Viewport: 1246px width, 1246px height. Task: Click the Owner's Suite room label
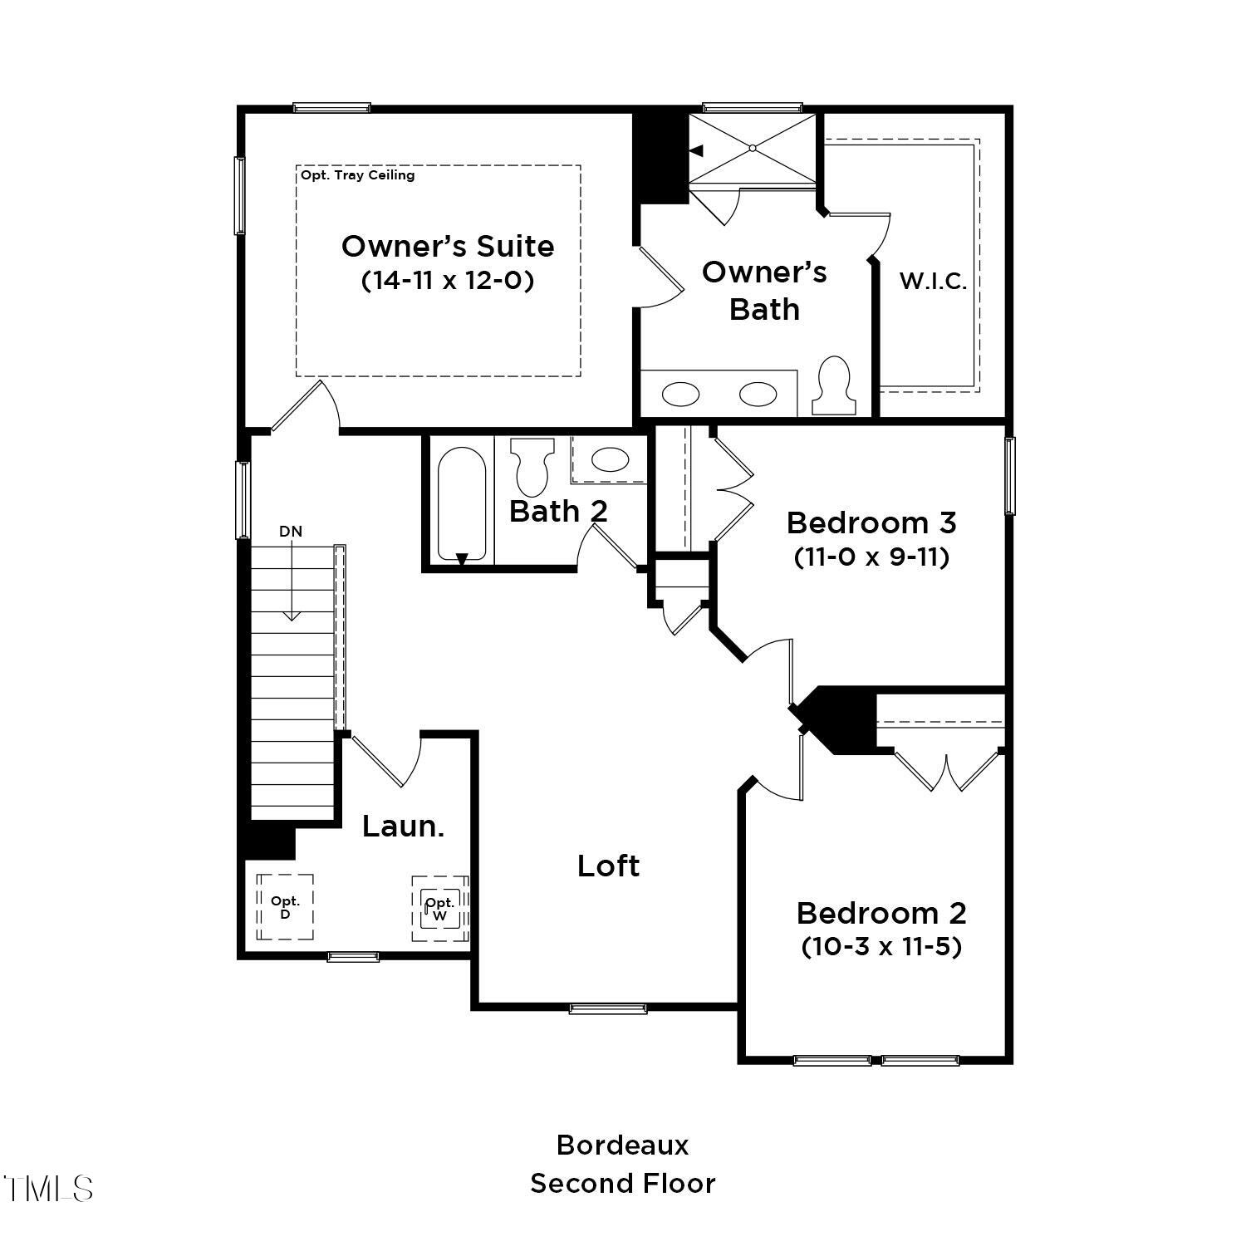pyautogui.click(x=448, y=246)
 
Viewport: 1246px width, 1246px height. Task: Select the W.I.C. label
pyautogui.click(x=933, y=281)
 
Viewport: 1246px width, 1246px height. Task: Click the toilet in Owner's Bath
pyautogui.click(x=833, y=385)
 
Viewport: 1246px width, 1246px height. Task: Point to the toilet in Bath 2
pyautogui.click(x=532, y=465)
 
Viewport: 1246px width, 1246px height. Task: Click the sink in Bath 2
pyautogui.click(x=610, y=459)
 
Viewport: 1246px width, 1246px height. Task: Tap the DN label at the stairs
pyautogui.click(x=291, y=532)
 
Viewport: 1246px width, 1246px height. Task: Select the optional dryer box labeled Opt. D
pyautogui.click(x=285, y=907)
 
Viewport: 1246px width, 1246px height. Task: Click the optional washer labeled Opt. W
pyautogui.click(x=440, y=909)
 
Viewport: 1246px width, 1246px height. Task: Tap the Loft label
pyautogui.click(x=608, y=866)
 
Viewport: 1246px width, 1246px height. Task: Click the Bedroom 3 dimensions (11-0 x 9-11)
pyautogui.click(x=871, y=557)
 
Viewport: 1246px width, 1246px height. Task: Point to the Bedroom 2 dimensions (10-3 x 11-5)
pyautogui.click(x=881, y=946)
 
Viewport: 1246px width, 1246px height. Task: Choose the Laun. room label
pyautogui.click(x=403, y=826)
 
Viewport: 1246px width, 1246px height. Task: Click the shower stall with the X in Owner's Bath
pyautogui.click(x=753, y=148)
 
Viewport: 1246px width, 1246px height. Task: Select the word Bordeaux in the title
pyautogui.click(x=622, y=1145)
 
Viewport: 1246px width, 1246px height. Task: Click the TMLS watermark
pyautogui.click(x=47, y=1189)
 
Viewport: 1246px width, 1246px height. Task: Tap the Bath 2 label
pyautogui.click(x=558, y=511)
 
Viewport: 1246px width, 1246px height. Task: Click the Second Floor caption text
pyautogui.click(x=622, y=1183)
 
